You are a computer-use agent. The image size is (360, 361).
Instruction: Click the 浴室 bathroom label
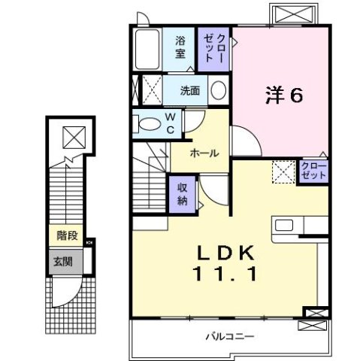(x=180, y=47)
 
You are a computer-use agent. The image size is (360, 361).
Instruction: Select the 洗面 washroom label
(x=189, y=91)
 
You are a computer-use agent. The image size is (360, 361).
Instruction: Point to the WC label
(x=171, y=123)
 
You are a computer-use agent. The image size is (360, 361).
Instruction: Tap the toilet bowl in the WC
(x=150, y=124)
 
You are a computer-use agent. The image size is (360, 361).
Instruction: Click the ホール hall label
(x=204, y=153)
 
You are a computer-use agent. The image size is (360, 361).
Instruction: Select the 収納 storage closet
(x=183, y=194)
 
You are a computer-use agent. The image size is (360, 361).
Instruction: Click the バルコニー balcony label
(x=231, y=336)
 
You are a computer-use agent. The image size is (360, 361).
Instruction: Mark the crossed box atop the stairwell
(x=73, y=138)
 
